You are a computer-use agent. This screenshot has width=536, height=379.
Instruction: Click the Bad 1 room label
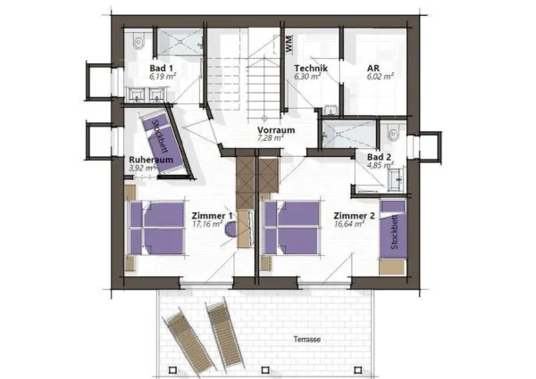(x=161, y=69)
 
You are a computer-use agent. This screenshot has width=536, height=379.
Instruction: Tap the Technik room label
(x=312, y=69)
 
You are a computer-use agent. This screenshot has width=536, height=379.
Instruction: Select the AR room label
(x=374, y=69)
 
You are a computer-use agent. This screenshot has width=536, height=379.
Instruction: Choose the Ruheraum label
(x=142, y=159)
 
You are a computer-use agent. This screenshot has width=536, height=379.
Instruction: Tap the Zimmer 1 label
(x=212, y=216)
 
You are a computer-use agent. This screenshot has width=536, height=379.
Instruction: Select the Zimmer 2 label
(x=351, y=216)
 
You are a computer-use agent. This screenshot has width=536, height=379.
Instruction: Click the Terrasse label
(x=308, y=340)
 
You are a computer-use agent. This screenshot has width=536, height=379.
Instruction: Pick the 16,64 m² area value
(x=348, y=225)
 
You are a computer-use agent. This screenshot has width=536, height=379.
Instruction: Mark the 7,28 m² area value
(x=269, y=139)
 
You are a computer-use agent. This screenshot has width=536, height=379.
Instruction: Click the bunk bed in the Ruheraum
(x=168, y=143)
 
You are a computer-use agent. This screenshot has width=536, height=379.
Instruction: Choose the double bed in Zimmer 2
(x=292, y=227)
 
